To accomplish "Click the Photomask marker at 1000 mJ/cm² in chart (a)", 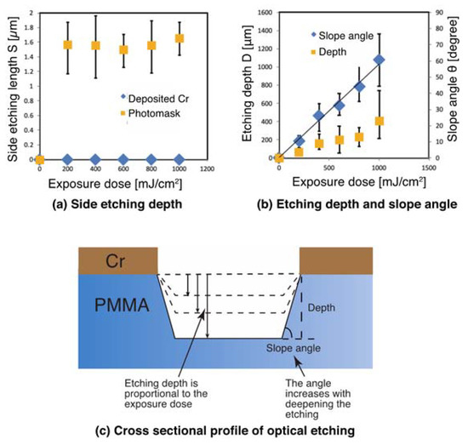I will (180, 38).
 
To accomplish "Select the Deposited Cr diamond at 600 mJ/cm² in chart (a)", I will (123, 159).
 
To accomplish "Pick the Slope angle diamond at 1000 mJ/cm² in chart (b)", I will (380, 60).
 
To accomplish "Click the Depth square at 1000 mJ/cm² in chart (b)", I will (380, 122).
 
